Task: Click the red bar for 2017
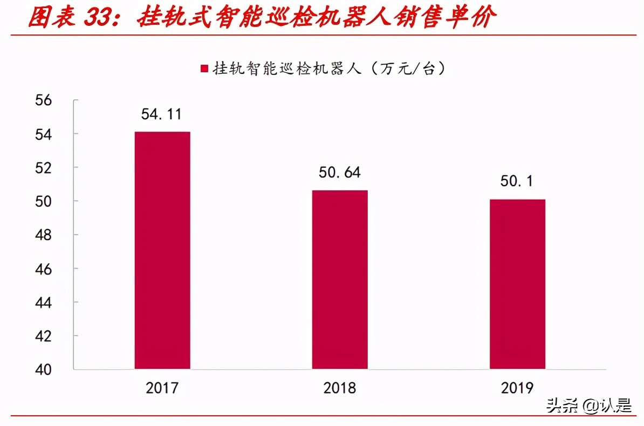162,250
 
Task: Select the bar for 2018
340,279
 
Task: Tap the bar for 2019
517,284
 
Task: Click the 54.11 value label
162,114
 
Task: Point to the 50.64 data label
340,173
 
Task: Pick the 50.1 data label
517,181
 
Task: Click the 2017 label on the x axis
162,388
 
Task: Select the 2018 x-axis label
340,388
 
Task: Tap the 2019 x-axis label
517,388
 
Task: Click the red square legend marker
204,69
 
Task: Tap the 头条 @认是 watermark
588,406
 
